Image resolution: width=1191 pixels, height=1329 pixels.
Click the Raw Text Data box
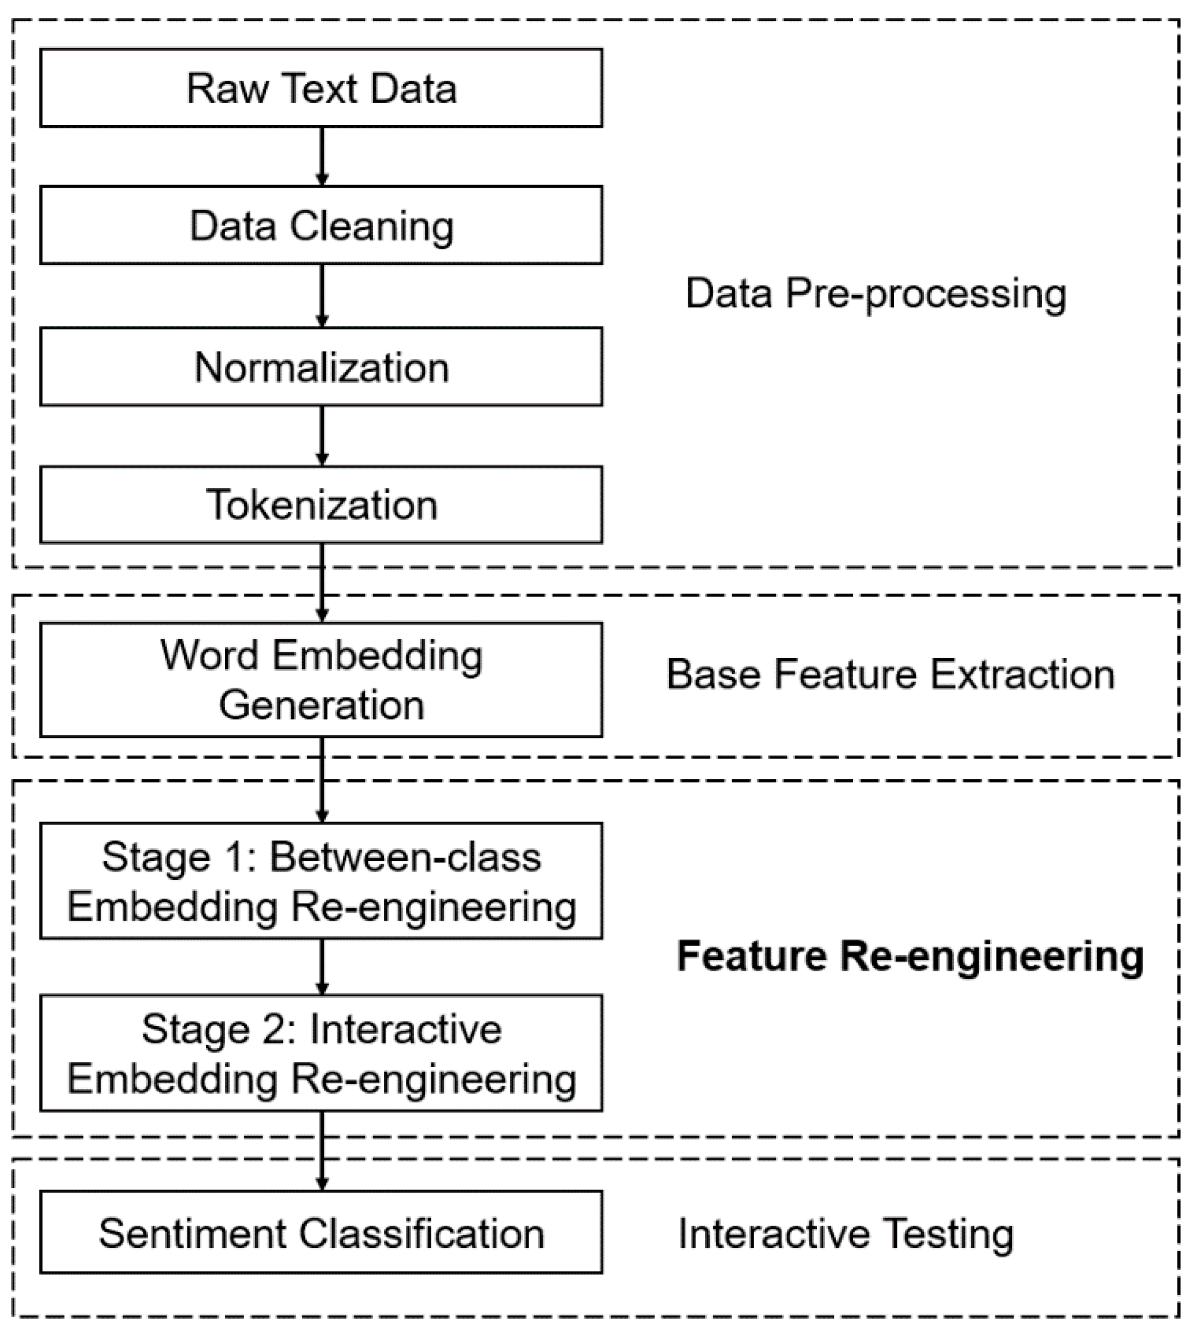pos(321,88)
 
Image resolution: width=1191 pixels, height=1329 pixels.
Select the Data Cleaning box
pos(321,225)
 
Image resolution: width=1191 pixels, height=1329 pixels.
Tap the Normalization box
pos(321,367)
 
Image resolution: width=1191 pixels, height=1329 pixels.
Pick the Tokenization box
pos(321,505)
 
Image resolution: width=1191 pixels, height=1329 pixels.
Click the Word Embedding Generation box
pos(321,679)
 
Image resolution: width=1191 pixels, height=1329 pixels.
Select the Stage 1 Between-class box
pos(321,880)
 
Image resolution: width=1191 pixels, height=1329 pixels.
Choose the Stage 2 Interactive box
pos(321,1053)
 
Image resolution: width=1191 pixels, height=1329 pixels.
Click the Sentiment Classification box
pos(321,1233)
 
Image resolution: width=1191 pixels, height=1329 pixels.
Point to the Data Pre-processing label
pos(876,293)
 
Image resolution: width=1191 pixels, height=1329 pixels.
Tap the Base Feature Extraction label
pos(890,674)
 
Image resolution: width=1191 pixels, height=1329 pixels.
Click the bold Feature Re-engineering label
pos(910,956)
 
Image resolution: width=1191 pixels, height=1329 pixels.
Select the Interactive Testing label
pos(846,1234)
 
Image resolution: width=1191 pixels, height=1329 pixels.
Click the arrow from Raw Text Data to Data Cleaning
pos(321,156)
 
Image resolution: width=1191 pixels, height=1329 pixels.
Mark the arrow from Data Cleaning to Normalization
pos(321,295)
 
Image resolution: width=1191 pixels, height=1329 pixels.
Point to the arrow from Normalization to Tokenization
pos(321,435)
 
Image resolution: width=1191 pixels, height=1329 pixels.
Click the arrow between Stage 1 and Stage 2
pos(321,967)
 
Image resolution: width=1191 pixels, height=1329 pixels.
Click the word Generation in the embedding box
pos(321,705)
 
